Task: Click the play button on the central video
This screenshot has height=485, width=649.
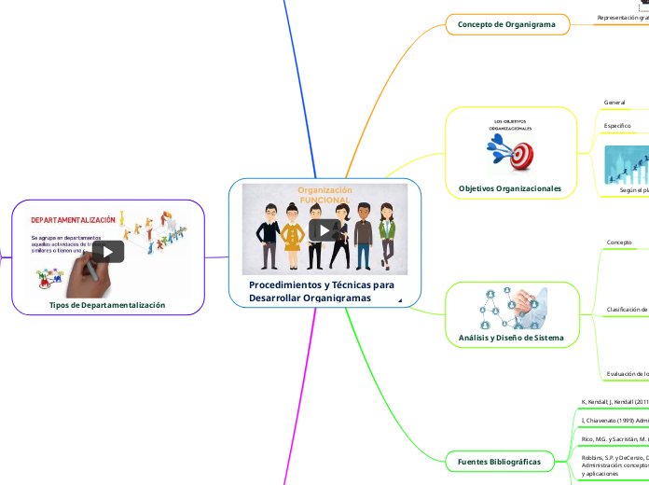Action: coord(324,229)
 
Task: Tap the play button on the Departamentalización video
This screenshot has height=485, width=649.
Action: coord(107,252)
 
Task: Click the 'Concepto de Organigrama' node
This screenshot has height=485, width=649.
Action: coord(507,24)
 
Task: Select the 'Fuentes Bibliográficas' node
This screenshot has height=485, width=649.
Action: coord(507,462)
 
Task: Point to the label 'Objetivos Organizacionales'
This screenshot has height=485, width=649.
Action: coord(509,188)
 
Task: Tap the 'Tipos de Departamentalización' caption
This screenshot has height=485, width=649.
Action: coord(107,305)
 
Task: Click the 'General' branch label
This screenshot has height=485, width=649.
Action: coord(614,102)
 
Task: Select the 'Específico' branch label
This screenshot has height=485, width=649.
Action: coord(617,125)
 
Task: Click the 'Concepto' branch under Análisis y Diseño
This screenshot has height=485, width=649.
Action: coord(619,242)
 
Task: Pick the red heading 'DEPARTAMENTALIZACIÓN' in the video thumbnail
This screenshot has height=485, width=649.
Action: coord(74,220)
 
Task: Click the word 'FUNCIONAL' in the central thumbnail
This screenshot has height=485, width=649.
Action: coord(324,201)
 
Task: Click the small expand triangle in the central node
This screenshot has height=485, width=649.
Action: coord(400,300)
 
